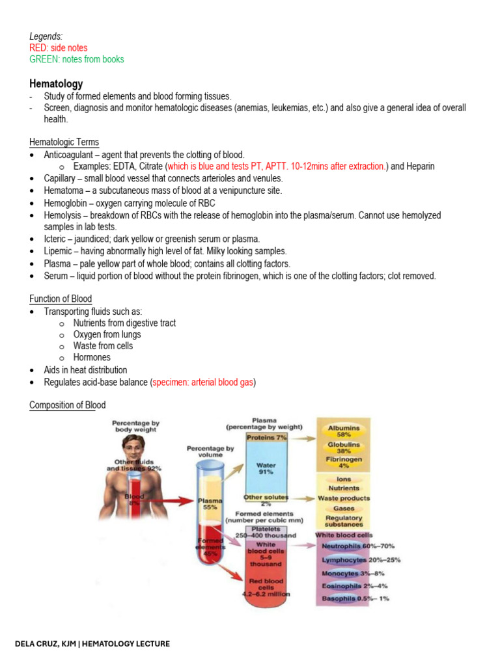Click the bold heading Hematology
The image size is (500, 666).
(x=56, y=84)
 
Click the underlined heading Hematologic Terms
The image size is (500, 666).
(x=64, y=142)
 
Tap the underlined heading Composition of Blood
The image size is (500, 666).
(x=67, y=405)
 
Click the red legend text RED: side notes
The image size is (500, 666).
(x=58, y=48)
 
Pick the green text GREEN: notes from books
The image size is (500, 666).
(x=76, y=59)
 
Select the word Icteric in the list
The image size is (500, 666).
(x=57, y=239)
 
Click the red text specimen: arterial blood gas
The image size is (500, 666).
(x=203, y=382)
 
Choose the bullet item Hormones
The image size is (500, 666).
(x=92, y=358)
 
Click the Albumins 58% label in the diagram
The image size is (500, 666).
(x=344, y=431)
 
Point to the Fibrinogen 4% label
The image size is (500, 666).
(x=343, y=462)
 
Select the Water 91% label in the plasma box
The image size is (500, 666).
(x=266, y=468)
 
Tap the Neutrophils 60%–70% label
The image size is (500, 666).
(x=357, y=546)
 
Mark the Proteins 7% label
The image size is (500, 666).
(x=267, y=438)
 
